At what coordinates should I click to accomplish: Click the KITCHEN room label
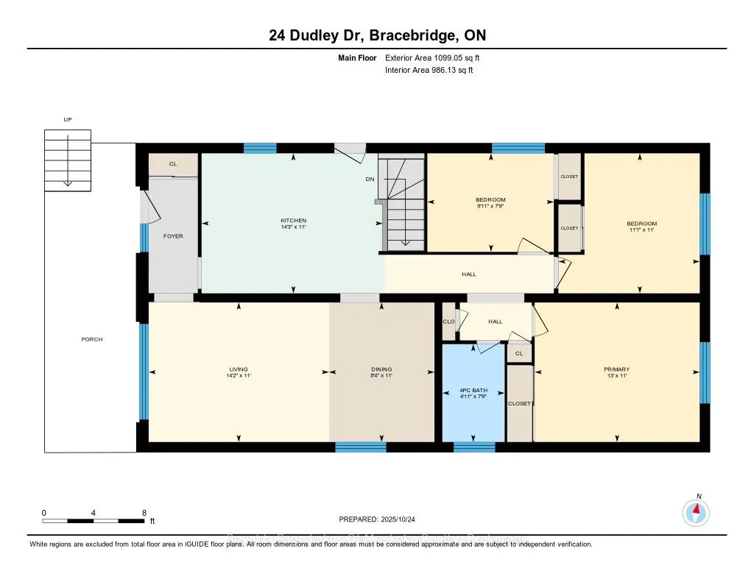tap(293, 221)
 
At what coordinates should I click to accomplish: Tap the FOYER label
tap(173, 236)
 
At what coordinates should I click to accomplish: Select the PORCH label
tap(92, 339)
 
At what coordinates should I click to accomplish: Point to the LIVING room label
tap(238, 369)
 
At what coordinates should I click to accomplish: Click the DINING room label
tap(381, 369)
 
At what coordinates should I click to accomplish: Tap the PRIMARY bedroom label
tap(616, 369)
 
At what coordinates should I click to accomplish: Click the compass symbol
tap(696, 511)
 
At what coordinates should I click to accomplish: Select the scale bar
tap(94, 520)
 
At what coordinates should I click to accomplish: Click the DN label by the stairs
tap(370, 179)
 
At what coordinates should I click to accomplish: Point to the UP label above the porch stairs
tap(68, 119)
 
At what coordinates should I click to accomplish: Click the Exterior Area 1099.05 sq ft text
tap(434, 57)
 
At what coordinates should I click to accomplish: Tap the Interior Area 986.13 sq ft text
tap(429, 70)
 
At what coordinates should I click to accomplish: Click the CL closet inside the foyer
tap(173, 165)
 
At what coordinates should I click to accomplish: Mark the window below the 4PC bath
tap(474, 446)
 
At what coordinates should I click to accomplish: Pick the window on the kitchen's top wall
tap(260, 149)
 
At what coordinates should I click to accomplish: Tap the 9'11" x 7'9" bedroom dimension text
tap(490, 207)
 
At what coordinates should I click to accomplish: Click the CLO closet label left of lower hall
tap(448, 322)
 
